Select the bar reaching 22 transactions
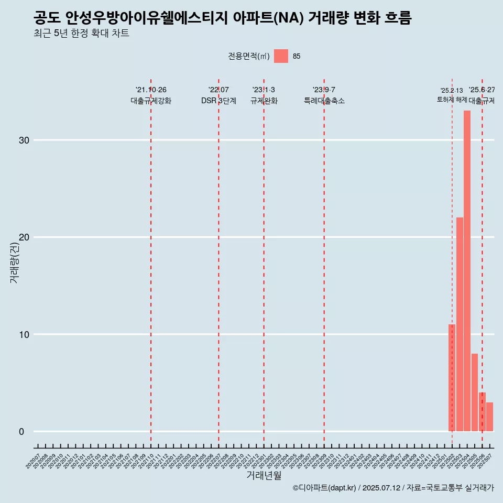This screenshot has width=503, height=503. [x=460, y=324]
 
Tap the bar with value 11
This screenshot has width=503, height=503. [x=452, y=378]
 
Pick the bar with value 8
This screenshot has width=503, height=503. [x=474, y=392]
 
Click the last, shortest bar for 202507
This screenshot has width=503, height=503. [x=489, y=417]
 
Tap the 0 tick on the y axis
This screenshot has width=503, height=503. [x=21, y=432]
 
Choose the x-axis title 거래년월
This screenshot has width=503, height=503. [x=264, y=476]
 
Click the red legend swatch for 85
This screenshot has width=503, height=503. [x=281, y=56]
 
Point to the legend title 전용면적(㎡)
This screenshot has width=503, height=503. [x=249, y=57]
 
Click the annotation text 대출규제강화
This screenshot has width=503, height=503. [x=151, y=101]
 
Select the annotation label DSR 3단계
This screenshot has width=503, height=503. [x=218, y=101]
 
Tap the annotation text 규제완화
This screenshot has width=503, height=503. [x=264, y=101]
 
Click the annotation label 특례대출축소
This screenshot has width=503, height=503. [x=324, y=101]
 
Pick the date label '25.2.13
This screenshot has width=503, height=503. [x=452, y=91]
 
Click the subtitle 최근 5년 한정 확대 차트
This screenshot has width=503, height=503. [x=81, y=34]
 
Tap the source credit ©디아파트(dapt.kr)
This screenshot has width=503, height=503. [x=325, y=488]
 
